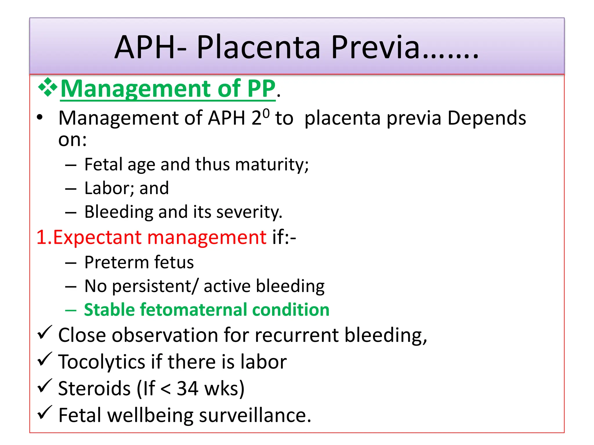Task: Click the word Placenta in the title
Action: (258, 47)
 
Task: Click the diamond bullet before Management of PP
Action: (48, 87)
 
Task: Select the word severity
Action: (249, 212)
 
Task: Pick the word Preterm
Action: (116, 262)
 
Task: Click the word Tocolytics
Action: (101, 362)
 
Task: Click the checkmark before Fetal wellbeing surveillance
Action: (45, 413)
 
